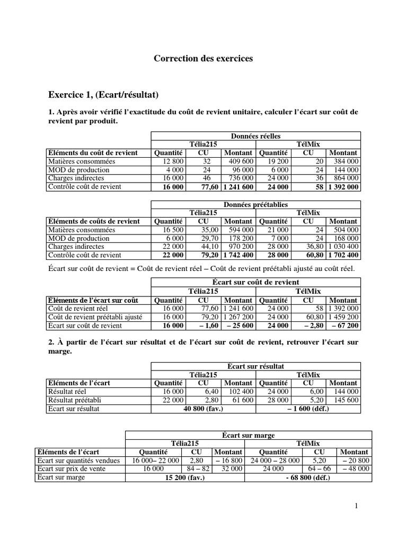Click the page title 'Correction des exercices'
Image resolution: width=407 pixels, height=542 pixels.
[x=203, y=59]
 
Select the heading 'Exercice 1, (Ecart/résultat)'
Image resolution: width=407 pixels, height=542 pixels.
[x=103, y=95]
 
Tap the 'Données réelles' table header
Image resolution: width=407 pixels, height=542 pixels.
[x=256, y=136]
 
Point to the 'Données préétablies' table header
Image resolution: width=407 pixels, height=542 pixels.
[x=256, y=204]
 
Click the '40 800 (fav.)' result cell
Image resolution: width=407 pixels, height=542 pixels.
[x=203, y=409]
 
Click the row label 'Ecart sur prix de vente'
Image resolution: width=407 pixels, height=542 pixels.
[x=70, y=469]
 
